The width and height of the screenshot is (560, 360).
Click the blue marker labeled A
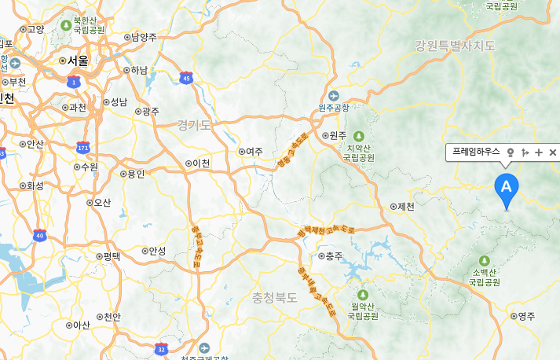(507, 188)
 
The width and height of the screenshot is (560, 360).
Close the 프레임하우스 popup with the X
(552, 152)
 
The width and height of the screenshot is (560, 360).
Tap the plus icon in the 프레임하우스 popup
(539, 152)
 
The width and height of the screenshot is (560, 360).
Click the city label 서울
(77, 60)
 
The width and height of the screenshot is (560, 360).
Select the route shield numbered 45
(186, 77)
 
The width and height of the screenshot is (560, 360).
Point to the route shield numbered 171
(83, 147)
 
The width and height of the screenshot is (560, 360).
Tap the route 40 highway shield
(40, 235)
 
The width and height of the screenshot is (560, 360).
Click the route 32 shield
(161, 348)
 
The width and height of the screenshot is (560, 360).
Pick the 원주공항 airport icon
(333, 95)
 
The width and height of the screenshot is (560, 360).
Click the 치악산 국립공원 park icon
(359, 135)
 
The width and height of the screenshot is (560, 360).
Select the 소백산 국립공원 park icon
(485, 260)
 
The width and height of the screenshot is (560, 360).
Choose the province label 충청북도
(275, 298)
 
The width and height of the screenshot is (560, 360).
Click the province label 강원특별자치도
(456, 46)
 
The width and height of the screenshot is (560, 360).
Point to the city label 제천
(405, 207)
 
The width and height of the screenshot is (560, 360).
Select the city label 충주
(334, 256)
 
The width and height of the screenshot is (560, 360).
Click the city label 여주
(254, 151)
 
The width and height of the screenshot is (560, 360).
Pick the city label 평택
(112, 256)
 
